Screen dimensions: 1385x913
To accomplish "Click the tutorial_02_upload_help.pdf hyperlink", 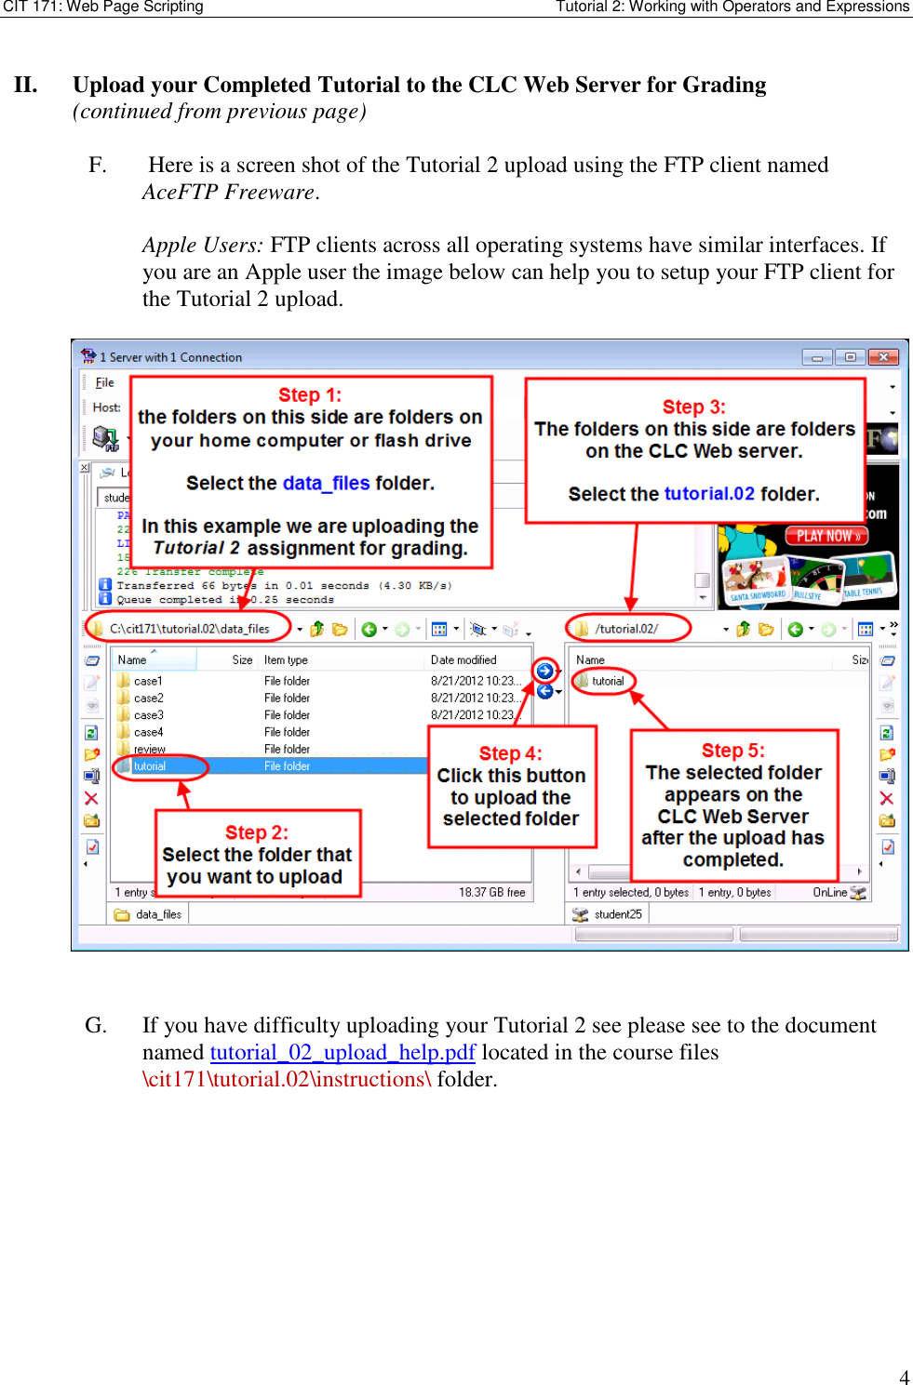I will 342,1052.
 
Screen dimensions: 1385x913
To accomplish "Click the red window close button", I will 882,357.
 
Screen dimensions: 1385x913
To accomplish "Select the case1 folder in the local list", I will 148,681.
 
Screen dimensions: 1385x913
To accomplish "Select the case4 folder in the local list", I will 148,732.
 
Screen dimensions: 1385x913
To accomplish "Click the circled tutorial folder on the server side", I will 608,681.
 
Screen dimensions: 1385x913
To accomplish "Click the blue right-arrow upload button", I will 545,671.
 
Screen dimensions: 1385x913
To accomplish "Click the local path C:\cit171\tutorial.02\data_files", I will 189,629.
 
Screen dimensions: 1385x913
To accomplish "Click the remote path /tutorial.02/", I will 626,629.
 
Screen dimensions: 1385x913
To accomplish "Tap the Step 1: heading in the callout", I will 310,394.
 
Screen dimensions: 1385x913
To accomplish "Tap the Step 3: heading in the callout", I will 693,406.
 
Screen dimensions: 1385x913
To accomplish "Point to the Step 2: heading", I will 257,832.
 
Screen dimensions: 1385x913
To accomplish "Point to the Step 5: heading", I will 732,751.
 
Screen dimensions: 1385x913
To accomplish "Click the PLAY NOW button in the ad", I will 827,536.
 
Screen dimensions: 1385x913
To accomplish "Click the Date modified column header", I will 463,659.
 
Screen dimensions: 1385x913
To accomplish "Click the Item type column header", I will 286,659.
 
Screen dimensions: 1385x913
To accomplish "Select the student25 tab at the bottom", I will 617,914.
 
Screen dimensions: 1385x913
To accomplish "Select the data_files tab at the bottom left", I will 158,914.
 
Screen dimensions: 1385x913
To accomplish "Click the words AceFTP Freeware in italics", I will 229,192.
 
